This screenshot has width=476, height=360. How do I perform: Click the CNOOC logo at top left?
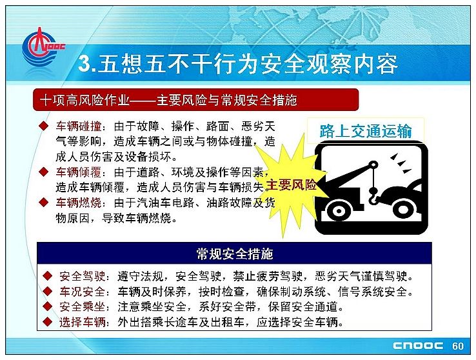click(42, 47)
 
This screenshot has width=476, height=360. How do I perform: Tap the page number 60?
click(458, 346)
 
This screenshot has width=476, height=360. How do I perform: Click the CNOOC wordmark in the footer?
click(418, 346)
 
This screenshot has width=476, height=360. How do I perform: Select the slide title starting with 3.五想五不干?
click(237, 64)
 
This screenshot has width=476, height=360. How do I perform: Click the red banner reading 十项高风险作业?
click(196, 100)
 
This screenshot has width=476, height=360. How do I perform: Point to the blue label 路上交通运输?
click(366, 131)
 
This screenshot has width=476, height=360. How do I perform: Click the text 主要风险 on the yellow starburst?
click(291, 185)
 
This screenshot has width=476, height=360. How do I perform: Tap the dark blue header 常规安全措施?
click(234, 253)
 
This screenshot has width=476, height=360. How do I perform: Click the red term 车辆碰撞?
click(78, 126)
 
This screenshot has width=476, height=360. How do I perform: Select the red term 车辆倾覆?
click(78, 172)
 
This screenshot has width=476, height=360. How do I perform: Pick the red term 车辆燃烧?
click(78, 203)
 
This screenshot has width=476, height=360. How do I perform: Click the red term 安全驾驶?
click(83, 276)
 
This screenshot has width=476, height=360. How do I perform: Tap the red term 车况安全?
click(83, 292)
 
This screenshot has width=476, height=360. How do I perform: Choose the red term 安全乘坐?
click(83, 306)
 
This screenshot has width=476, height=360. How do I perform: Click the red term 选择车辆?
click(83, 322)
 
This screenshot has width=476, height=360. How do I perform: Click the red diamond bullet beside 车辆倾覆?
click(44, 172)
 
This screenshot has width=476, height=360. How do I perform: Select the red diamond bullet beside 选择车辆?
click(48, 321)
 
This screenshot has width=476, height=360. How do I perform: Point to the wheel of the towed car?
click(404, 209)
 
